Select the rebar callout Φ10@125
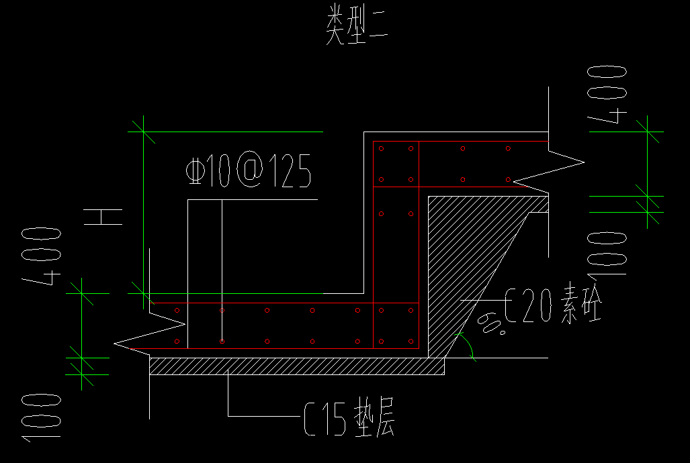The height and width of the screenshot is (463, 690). (x=248, y=172)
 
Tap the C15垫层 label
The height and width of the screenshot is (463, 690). (x=349, y=420)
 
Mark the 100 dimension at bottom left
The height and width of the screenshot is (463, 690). (x=42, y=417)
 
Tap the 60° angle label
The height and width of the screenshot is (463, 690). (x=493, y=325)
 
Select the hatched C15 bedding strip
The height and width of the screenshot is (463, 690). (x=296, y=366)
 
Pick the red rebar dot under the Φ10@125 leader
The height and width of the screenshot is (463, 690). (x=222, y=341)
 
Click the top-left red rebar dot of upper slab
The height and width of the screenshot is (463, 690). (x=381, y=148)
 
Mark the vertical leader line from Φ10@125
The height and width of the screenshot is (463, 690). (x=222, y=255)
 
